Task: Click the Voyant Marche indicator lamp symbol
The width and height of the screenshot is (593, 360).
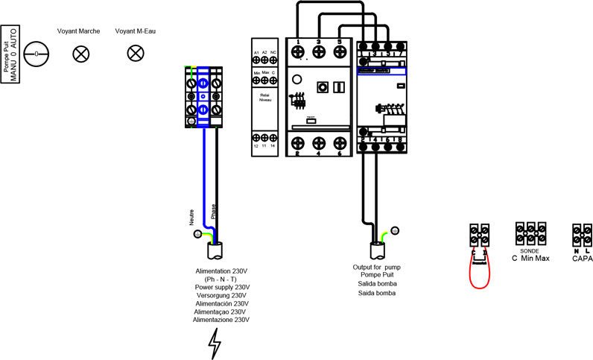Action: (80, 54)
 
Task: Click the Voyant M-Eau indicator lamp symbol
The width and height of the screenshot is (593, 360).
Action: (136, 54)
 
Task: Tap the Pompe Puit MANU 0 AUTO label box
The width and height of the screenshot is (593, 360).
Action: (12, 54)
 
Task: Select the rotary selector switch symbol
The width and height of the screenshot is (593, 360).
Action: (36, 54)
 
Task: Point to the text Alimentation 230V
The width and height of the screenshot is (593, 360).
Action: (221, 271)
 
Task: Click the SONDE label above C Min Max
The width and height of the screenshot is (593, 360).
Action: (530, 250)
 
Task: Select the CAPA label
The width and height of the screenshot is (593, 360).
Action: (582, 259)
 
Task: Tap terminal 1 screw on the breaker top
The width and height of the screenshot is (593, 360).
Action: (299, 51)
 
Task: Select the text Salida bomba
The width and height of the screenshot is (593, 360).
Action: (377, 284)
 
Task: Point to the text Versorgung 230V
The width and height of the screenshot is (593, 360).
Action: (221, 296)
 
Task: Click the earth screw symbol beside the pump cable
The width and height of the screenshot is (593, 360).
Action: (395, 231)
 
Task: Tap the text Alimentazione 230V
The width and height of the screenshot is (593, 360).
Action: (221, 320)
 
